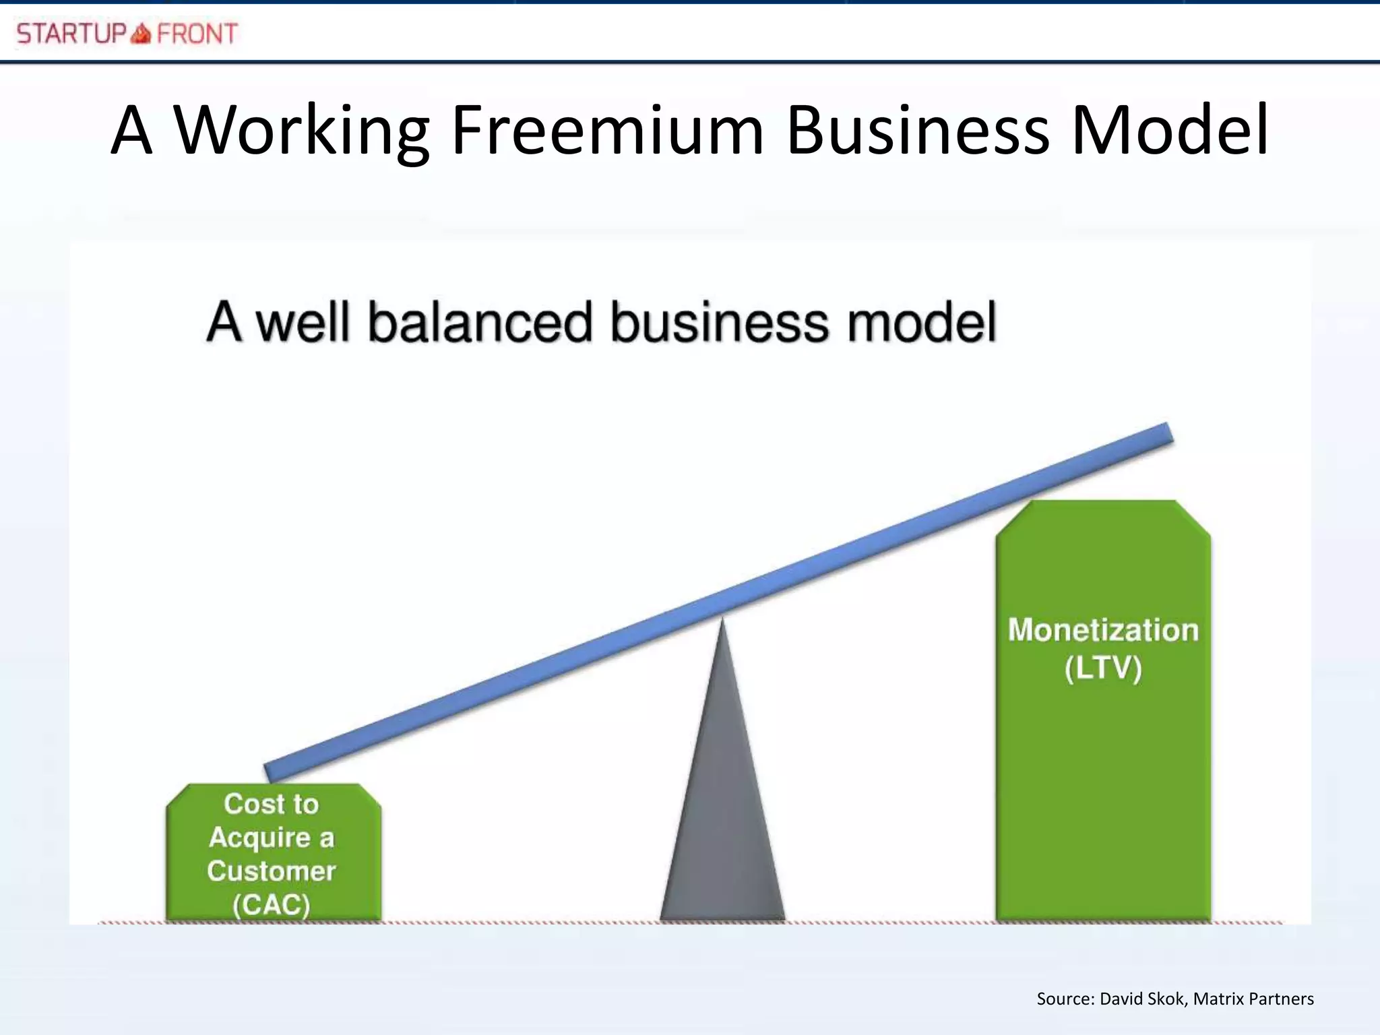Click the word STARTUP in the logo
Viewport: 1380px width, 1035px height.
[x=71, y=34]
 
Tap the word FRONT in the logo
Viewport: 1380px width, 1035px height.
[x=197, y=34]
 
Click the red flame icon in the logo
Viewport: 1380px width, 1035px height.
[x=141, y=33]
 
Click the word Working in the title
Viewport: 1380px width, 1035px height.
[x=302, y=131]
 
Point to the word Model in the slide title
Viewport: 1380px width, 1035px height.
[x=1170, y=131]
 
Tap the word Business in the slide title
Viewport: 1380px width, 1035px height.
[x=918, y=131]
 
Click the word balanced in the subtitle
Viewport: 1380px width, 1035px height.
[x=480, y=322]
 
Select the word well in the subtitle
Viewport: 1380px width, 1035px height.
[x=303, y=322]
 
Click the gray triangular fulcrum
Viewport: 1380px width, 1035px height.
[x=722, y=809]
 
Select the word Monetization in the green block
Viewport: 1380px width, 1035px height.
[x=1103, y=631]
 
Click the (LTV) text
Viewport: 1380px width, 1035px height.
[x=1103, y=668]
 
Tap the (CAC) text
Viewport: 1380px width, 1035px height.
[x=272, y=904]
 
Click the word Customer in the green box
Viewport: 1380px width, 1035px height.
[x=272, y=871]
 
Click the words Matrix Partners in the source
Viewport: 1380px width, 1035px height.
[x=1253, y=999]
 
